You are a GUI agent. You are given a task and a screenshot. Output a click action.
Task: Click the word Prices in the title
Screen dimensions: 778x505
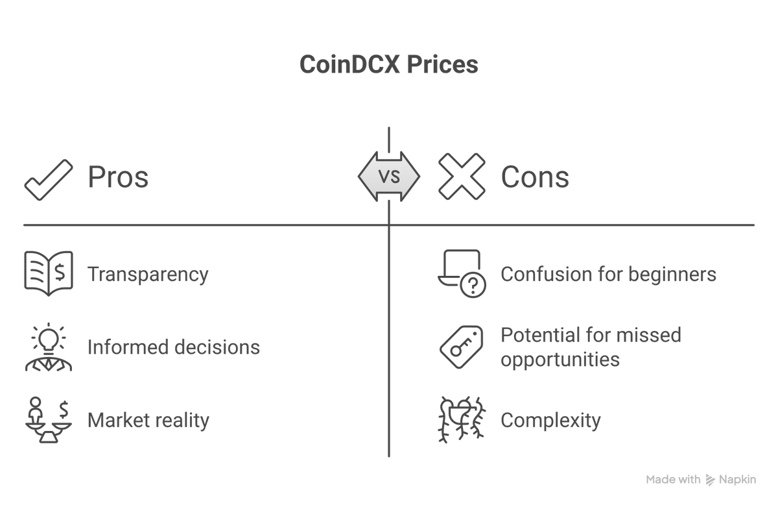click(442, 65)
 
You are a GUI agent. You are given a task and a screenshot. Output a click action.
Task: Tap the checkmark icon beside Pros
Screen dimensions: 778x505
click(49, 180)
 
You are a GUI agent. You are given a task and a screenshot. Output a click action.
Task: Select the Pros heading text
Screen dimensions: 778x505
click(118, 177)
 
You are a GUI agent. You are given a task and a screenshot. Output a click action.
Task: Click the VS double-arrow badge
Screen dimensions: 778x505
click(389, 177)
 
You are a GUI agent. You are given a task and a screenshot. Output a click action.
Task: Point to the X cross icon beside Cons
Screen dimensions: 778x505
click(462, 177)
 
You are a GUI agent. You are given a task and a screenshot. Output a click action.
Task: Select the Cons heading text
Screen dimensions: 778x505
click(535, 177)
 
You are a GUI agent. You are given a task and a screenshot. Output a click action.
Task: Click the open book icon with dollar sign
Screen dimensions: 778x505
click(49, 273)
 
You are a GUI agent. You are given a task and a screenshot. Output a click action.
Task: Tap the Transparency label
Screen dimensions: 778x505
click(148, 275)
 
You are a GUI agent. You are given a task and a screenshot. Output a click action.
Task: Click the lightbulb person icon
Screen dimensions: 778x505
click(49, 347)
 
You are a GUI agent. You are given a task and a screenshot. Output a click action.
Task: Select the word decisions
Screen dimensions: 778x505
click(217, 347)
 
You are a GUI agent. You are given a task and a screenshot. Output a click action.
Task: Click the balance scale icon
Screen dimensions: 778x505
click(49, 420)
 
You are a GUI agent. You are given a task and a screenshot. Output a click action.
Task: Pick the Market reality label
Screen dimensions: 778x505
click(148, 420)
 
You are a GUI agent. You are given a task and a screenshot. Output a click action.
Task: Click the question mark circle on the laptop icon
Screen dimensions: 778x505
click(473, 285)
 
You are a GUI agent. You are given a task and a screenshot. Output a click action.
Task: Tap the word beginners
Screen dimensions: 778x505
click(672, 275)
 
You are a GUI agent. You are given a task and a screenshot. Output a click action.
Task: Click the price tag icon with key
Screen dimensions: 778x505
click(461, 347)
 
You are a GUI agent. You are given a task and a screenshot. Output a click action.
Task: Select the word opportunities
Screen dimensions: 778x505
click(560, 360)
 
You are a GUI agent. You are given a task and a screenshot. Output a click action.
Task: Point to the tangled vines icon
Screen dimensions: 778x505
click(461, 420)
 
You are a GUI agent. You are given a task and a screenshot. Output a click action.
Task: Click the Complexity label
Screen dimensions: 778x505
click(550, 421)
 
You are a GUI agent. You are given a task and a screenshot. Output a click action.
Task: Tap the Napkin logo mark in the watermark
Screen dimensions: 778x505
click(711, 480)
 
